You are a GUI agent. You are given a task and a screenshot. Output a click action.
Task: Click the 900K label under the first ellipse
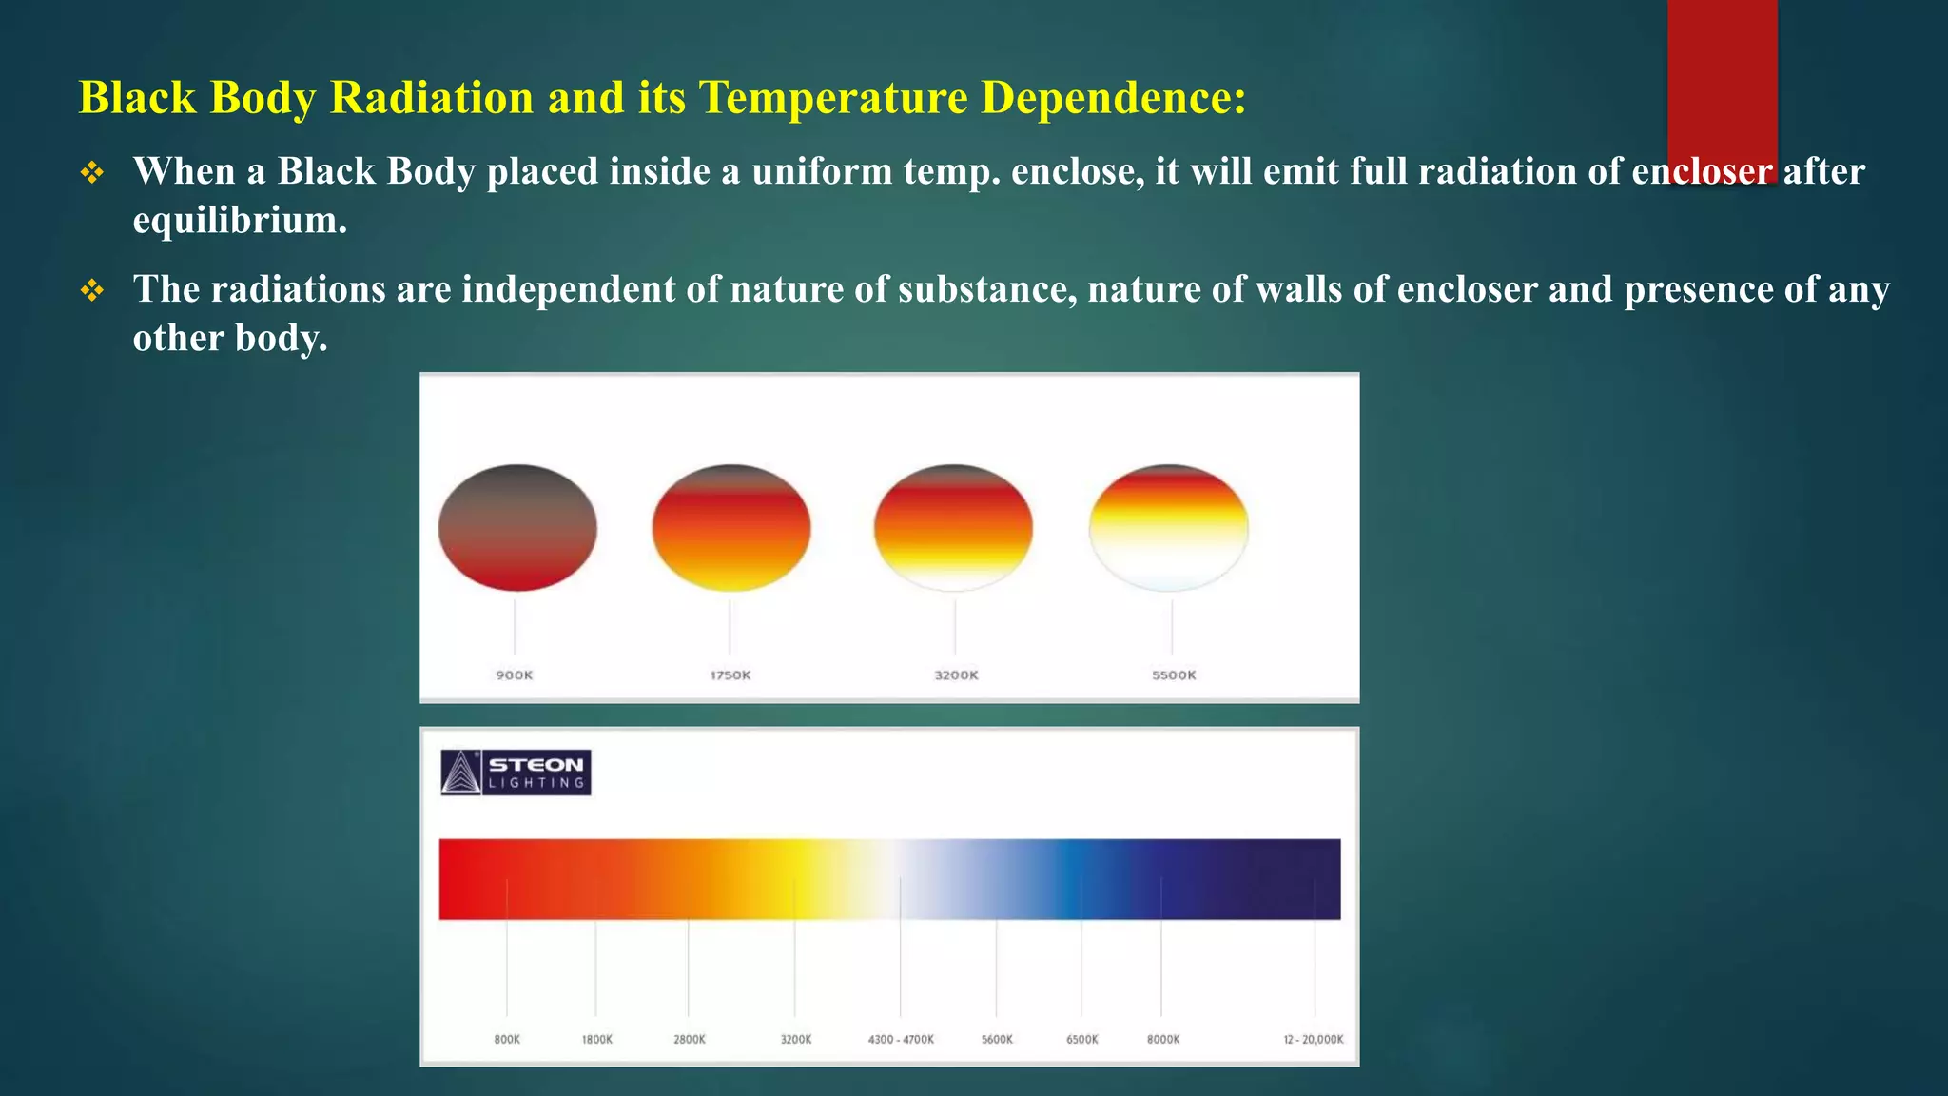click(515, 675)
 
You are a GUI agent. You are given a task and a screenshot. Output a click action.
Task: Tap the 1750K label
click(730, 675)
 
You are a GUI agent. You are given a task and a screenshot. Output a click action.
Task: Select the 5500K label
click(1174, 675)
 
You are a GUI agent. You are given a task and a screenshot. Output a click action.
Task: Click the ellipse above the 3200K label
click(953, 528)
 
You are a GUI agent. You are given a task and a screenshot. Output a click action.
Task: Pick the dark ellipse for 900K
click(517, 528)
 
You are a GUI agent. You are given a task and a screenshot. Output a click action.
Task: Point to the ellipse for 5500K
click(1169, 528)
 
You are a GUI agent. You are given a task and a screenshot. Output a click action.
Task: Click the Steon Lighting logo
click(516, 773)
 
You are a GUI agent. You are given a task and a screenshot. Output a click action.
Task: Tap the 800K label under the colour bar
click(507, 1039)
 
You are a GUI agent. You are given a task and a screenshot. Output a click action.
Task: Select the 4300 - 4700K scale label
click(901, 1039)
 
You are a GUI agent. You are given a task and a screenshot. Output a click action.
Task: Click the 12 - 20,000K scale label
click(1313, 1039)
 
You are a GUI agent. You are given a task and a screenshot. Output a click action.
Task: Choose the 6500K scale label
click(1081, 1039)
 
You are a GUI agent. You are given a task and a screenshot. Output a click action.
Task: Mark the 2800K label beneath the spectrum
click(690, 1039)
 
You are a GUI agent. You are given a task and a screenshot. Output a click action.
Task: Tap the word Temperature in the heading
click(833, 97)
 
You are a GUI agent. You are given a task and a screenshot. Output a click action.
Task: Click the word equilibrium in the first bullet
click(240, 220)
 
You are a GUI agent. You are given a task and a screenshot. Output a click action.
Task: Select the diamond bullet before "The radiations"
click(92, 290)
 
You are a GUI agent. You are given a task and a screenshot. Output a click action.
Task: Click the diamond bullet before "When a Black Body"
click(92, 172)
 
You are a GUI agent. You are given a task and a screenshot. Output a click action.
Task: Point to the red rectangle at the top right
click(1722, 76)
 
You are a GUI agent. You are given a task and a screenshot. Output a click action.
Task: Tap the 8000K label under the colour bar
click(1162, 1039)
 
